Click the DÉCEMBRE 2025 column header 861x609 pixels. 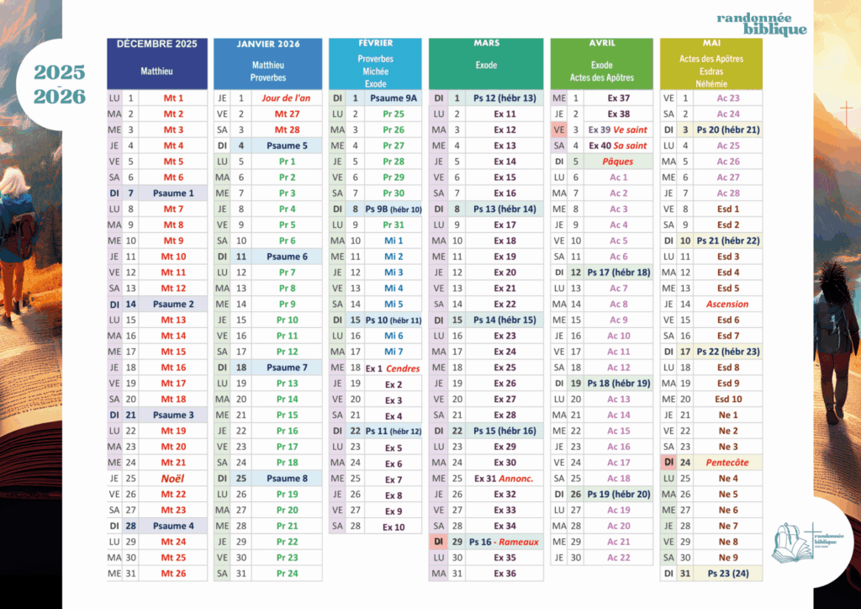157,44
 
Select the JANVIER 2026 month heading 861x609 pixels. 267,44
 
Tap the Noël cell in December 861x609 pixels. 173,478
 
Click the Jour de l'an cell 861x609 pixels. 286,98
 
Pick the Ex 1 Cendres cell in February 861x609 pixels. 393,368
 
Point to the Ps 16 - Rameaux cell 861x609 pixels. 504,542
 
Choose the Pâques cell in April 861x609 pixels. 618,162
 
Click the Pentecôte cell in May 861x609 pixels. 727,463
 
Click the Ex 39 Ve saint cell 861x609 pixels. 618,130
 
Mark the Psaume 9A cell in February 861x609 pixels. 393,98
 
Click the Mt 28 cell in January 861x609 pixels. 287,130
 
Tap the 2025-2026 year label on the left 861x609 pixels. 60,84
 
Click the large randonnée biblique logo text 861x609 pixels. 762,24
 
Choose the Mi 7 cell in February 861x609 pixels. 393,352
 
